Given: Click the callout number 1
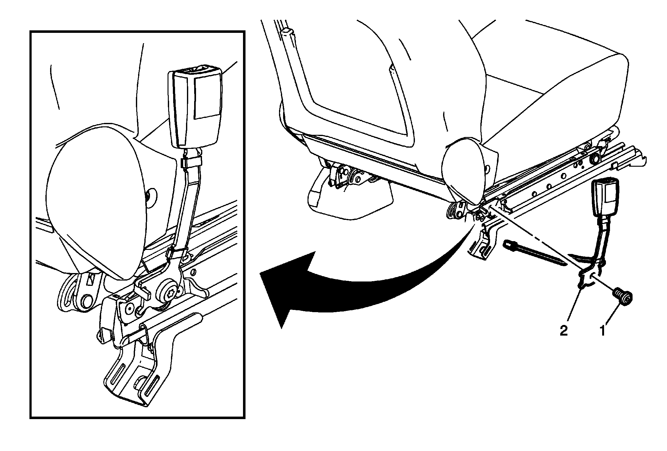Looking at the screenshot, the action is [602, 331].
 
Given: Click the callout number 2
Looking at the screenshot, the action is [563, 331].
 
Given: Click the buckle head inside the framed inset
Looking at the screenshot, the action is [195, 109].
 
